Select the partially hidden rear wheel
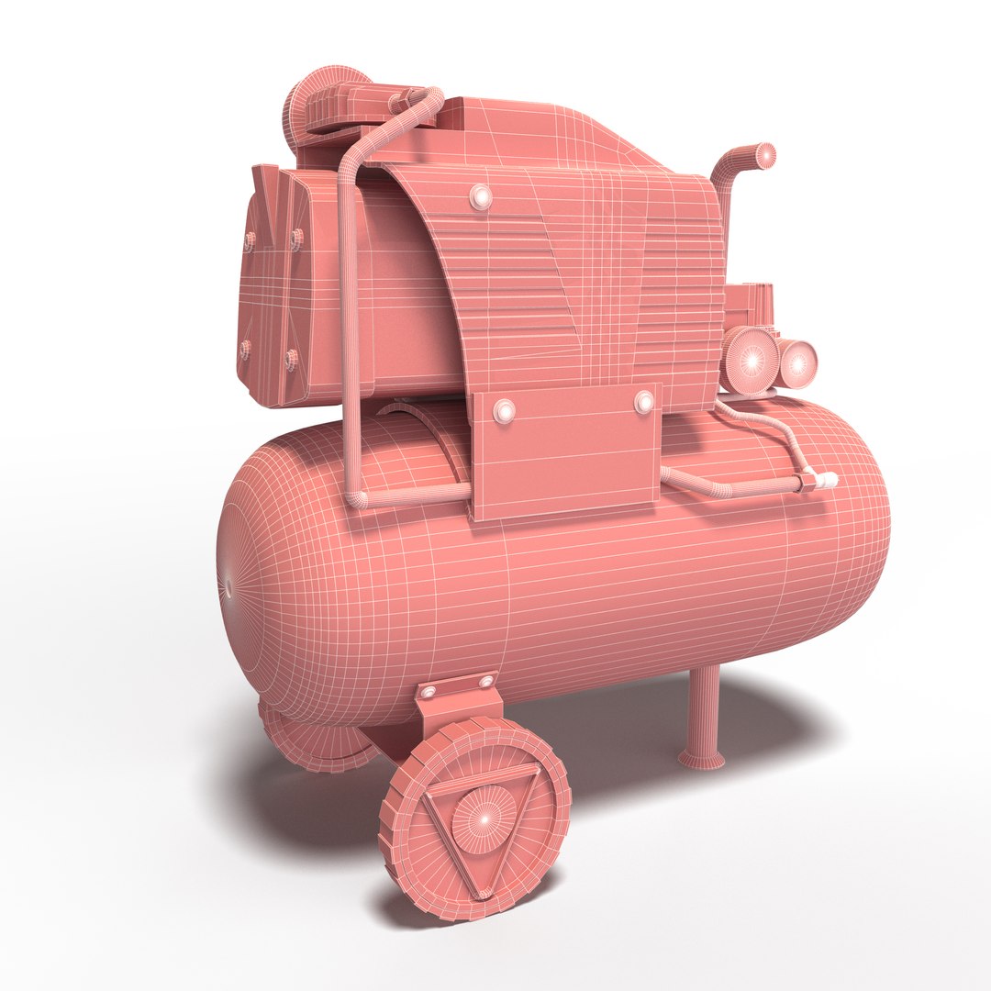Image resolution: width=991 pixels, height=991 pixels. click(x=312, y=739)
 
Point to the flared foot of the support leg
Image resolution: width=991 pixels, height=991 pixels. click(x=701, y=758)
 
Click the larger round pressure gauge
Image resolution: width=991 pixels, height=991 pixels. click(x=751, y=361)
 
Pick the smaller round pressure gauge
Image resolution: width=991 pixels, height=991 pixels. click(x=796, y=362)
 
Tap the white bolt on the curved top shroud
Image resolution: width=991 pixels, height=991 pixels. click(x=480, y=196)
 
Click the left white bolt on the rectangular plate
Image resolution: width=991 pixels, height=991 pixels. click(x=504, y=410)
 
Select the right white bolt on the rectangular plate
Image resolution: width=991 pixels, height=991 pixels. click(x=644, y=402)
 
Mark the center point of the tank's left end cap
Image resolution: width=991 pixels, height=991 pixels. click(x=226, y=583)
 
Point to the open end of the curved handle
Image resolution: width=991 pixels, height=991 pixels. click(x=764, y=156)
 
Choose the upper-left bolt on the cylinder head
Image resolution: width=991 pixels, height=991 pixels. click(x=250, y=240)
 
